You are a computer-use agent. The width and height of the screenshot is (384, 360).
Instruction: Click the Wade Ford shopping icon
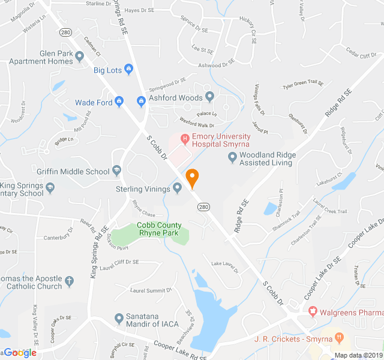pyautogui.click(x=119, y=102)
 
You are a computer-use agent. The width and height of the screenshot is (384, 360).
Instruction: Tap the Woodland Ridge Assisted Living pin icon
pyautogui.click(x=233, y=157)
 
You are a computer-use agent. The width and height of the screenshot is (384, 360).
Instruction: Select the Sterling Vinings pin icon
pyautogui.click(x=178, y=188)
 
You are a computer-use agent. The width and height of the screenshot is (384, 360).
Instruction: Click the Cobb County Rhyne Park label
pyautogui.click(x=160, y=229)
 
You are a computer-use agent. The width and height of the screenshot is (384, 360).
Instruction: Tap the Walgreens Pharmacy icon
pyautogui.click(x=312, y=311)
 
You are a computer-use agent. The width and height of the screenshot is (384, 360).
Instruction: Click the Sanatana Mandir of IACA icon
pyautogui.click(x=119, y=317)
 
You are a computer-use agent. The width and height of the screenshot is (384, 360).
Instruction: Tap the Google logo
pyautogui.click(x=20, y=352)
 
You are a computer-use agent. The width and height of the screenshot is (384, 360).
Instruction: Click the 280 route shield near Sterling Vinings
pyautogui.click(x=203, y=206)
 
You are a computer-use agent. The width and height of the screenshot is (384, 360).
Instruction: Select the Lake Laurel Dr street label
pyautogui.click(x=225, y=266)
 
